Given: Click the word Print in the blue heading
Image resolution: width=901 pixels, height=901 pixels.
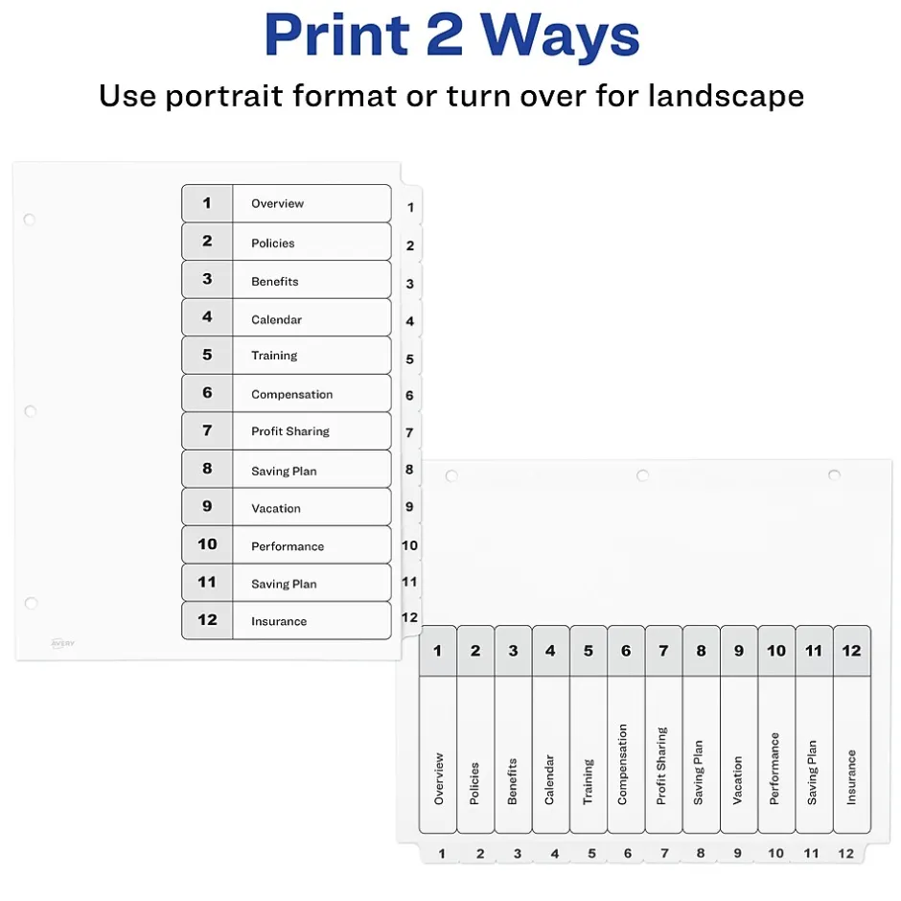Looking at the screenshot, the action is (x=336, y=35).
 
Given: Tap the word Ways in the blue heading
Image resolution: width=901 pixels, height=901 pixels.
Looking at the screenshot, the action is (x=561, y=38).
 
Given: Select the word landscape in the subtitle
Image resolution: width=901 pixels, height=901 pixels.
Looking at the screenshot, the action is (x=726, y=96).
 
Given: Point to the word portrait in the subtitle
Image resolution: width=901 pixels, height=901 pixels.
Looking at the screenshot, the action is (x=224, y=97).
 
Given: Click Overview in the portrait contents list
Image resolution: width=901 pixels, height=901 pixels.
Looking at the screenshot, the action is (x=278, y=203).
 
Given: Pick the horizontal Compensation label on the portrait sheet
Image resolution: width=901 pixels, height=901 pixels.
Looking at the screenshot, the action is (x=292, y=395).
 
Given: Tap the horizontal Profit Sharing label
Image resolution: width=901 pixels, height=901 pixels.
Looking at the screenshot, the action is (x=290, y=431).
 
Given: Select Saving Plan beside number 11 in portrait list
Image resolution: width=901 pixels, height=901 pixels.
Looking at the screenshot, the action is (x=284, y=584).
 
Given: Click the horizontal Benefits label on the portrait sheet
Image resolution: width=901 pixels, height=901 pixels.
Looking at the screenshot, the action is (x=275, y=282).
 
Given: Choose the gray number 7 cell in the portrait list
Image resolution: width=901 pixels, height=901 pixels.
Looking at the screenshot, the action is (x=207, y=430).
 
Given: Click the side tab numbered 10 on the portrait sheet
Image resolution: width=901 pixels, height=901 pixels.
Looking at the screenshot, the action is (x=409, y=545).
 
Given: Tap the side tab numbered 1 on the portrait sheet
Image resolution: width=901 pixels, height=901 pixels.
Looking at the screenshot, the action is (x=410, y=207).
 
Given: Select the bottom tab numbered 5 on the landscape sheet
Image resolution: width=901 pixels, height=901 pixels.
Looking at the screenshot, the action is (x=591, y=853).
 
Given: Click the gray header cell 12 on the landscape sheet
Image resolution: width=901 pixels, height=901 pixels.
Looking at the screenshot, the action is (x=851, y=651).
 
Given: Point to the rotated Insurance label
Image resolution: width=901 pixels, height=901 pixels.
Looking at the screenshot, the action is (x=851, y=777).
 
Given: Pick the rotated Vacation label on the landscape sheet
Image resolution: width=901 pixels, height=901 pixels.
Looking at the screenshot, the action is (x=738, y=780).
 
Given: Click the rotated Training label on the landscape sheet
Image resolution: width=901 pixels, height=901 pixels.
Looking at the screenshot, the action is (x=588, y=781).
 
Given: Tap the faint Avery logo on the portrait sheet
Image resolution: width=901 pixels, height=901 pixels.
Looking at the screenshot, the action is (x=62, y=643).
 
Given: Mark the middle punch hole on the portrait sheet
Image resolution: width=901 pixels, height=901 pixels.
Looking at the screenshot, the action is (x=31, y=411).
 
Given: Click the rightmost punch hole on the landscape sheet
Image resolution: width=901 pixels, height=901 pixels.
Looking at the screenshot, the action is (x=834, y=474).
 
